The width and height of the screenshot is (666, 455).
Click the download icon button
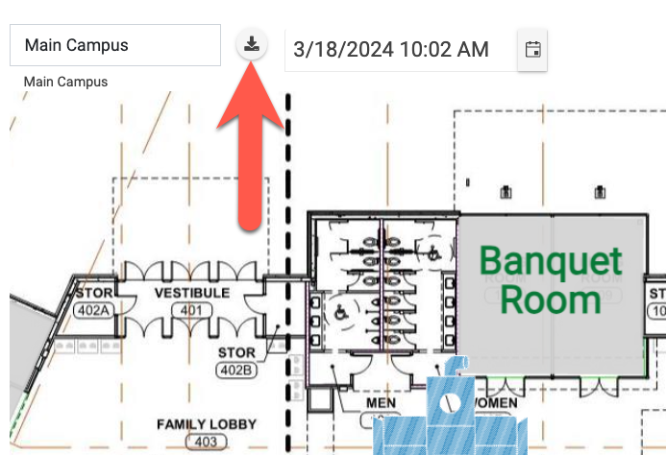click(x=251, y=45)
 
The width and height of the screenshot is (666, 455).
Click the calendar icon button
click(x=532, y=49)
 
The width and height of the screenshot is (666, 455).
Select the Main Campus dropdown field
click(x=115, y=45)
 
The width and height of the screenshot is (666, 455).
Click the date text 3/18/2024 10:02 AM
click(x=391, y=49)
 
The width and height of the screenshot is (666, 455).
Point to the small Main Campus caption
click(x=65, y=82)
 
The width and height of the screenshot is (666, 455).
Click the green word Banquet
click(x=551, y=261)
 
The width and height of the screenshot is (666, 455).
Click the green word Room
click(x=551, y=299)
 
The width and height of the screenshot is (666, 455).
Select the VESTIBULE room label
click(x=192, y=292)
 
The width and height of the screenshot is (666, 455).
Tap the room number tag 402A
click(x=94, y=309)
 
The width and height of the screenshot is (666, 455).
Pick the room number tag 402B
click(x=235, y=370)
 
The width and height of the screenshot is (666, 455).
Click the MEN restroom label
click(x=382, y=403)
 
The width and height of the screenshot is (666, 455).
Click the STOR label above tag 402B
click(x=236, y=353)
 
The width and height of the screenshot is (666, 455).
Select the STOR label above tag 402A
click(x=94, y=293)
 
